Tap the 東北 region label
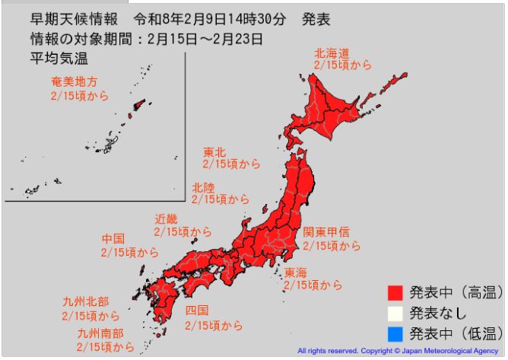click(214, 151)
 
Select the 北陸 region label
click(203, 186)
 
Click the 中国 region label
click(113, 239)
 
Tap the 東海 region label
click(296, 272)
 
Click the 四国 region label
click(196, 312)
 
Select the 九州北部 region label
click(85, 302)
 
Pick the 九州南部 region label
click(100, 333)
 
